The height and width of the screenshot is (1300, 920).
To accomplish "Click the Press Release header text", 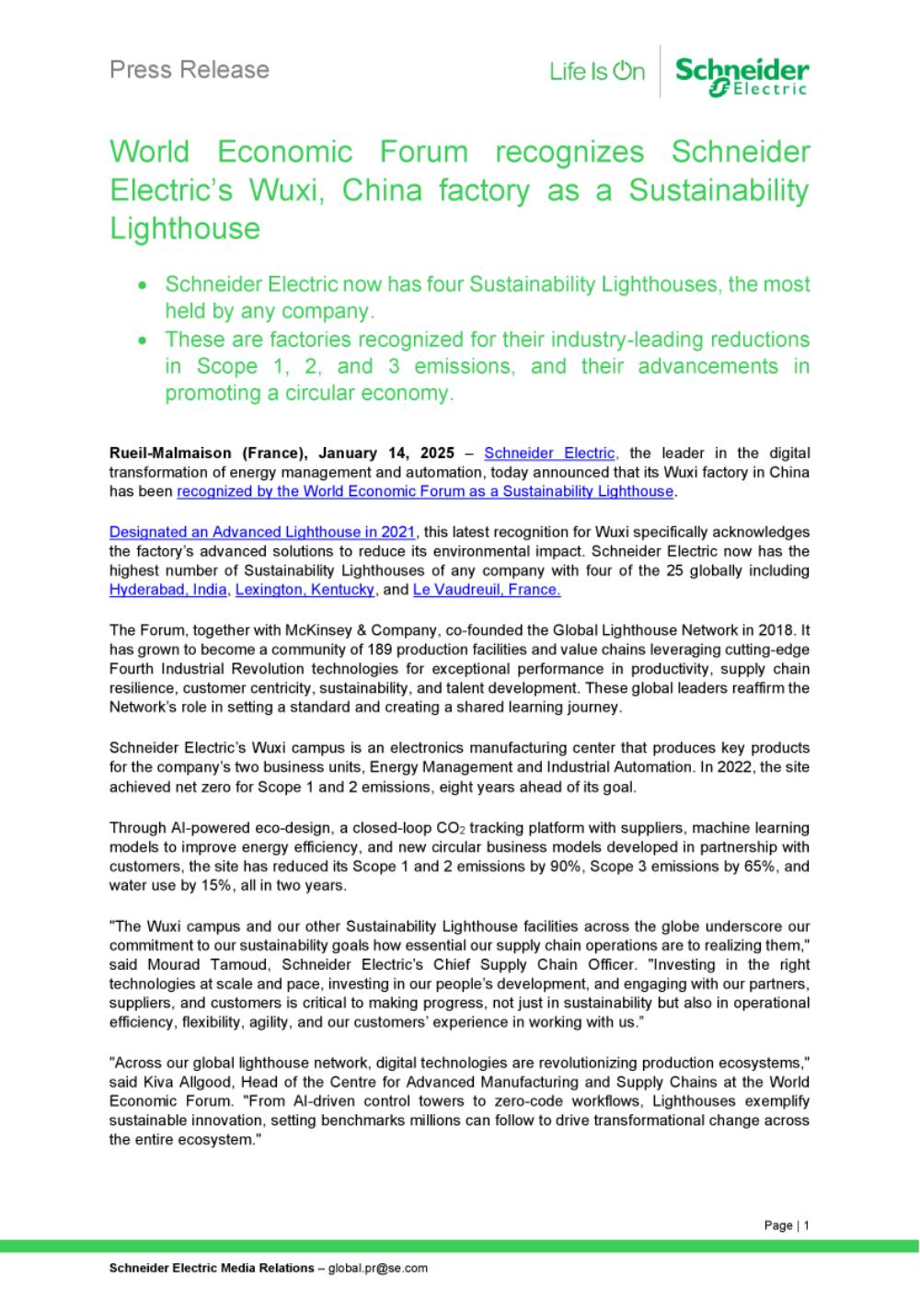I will click(x=190, y=70).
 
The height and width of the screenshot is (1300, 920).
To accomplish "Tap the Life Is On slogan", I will click(x=597, y=72).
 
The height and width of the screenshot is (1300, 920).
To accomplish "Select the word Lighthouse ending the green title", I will click(x=185, y=228).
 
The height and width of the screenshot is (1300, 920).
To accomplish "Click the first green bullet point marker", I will click(x=143, y=286).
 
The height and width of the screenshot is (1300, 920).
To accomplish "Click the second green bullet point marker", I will click(x=143, y=340).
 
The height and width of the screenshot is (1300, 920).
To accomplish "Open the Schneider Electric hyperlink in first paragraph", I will click(x=549, y=453).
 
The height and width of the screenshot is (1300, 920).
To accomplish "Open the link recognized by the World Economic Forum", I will click(x=425, y=491).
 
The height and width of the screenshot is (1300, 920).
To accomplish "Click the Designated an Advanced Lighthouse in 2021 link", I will click(x=262, y=532).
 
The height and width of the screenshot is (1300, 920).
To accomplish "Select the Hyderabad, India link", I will click(x=167, y=590).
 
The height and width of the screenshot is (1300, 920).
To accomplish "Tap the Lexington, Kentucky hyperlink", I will click(x=305, y=590).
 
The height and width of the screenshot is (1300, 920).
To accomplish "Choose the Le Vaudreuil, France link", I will click(x=487, y=590).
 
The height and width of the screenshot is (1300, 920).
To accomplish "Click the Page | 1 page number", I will click(x=787, y=1225).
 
